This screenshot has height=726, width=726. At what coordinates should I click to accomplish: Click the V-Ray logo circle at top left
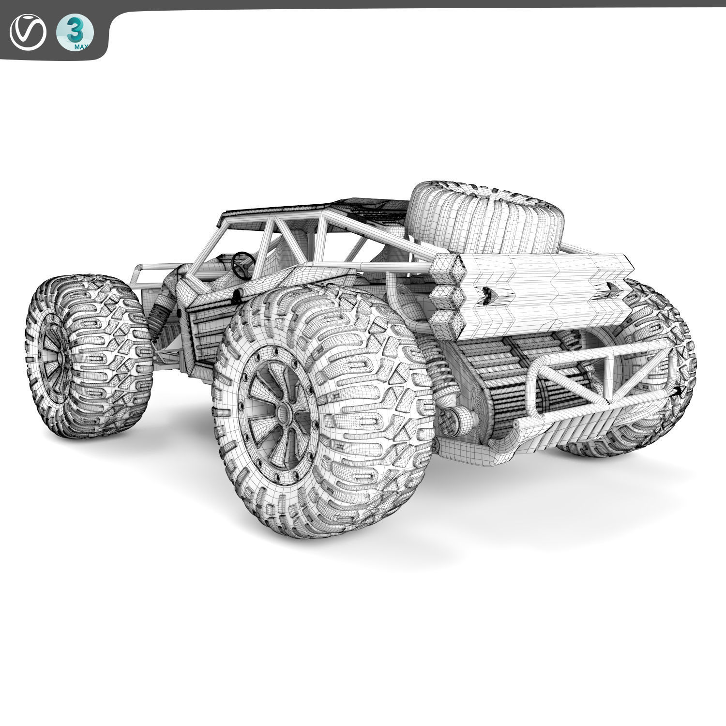click(28, 33)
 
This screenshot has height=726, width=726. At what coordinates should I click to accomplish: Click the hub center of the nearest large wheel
click(283, 412)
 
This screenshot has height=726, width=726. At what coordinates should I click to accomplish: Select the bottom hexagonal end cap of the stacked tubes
click(444, 318)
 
